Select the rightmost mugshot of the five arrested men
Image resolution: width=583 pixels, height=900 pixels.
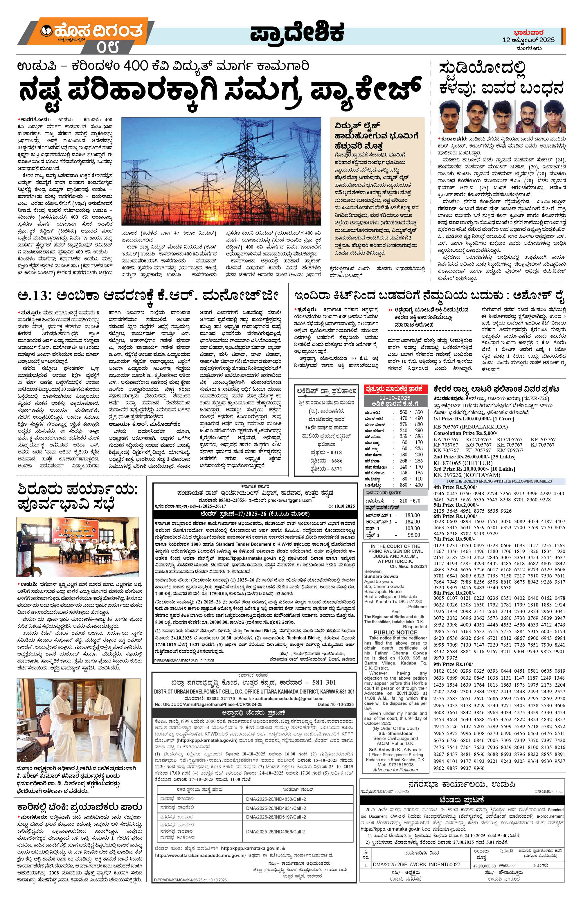point(553,115)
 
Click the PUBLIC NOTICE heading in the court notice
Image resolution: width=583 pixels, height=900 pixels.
point(395,633)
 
